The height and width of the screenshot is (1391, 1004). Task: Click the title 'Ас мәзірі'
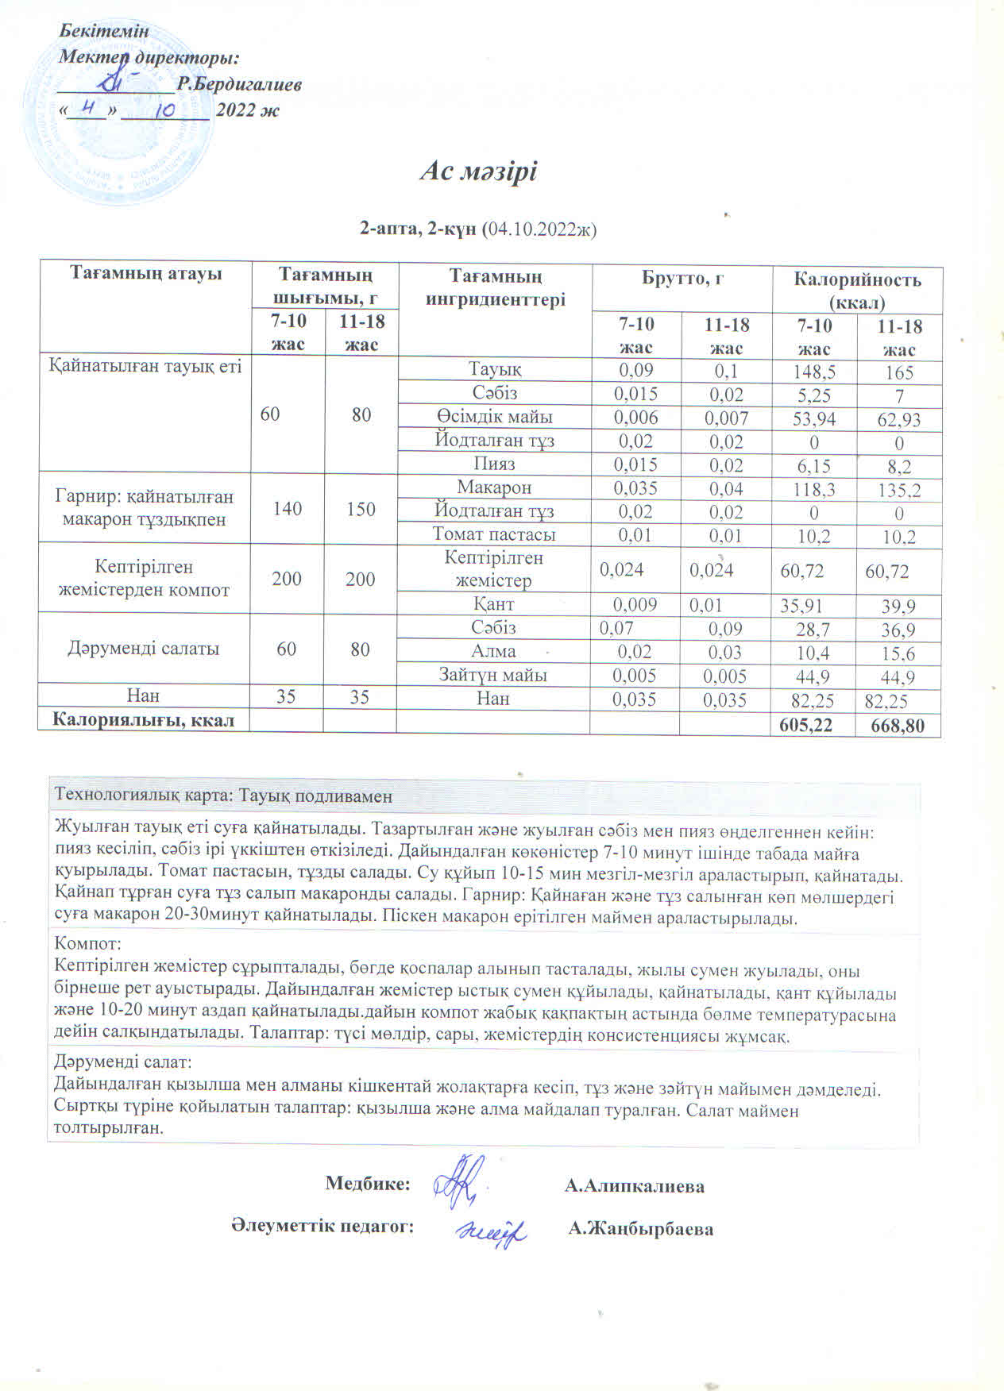478,171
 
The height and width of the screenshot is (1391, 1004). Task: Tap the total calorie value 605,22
813,724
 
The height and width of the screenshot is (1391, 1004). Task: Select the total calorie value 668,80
898,725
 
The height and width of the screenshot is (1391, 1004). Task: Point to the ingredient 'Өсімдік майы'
494,417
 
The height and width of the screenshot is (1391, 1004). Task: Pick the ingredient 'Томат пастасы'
494,534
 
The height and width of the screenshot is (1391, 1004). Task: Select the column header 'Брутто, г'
682,279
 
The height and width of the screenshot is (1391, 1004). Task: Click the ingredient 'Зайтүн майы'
493,675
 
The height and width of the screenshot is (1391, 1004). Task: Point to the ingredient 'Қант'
494,604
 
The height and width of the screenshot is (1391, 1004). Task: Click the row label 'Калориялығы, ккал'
143,719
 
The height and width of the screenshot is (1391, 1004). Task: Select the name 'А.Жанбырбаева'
641,1229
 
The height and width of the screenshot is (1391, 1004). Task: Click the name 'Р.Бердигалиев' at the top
239,84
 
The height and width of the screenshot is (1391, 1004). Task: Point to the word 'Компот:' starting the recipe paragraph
87,945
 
